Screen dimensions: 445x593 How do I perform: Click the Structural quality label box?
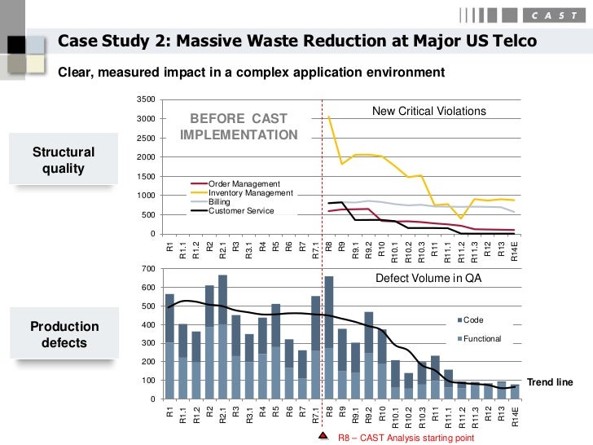pyautogui.click(x=64, y=161)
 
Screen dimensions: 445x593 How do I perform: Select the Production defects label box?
pyautogui.click(x=64, y=335)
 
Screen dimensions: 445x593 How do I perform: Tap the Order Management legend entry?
pyautogui.click(x=244, y=183)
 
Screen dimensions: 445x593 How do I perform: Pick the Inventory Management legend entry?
pyautogui.click(x=249, y=192)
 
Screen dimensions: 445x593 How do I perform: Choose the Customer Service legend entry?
pyautogui.click(x=241, y=211)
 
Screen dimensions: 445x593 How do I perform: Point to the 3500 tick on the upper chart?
pyautogui.click(x=147, y=99)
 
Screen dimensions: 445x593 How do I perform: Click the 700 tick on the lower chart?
pyautogui.click(x=148, y=269)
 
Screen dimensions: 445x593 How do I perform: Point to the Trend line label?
pyautogui.click(x=550, y=381)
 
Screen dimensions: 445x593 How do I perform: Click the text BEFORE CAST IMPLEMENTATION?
pyautogui.click(x=239, y=126)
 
